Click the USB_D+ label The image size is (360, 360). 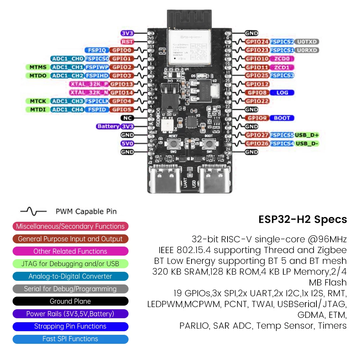click(x=307, y=135)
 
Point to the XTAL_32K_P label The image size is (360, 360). click(x=89, y=84)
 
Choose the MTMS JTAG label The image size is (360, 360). click(x=37, y=67)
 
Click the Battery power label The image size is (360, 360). click(x=108, y=126)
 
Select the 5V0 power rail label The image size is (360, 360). click(x=127, y=144)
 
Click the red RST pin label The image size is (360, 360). click(x=127, y=42)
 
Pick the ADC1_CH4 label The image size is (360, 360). click(x=67, y=109)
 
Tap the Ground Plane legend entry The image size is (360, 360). click(x=70, y=301)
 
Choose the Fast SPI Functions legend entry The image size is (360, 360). click(x=70, y=339)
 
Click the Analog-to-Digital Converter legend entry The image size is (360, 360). click(x=70, y=276)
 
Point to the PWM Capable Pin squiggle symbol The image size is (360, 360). click(x=33, y=211)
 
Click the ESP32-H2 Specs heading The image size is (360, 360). click(x=303, y=219)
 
